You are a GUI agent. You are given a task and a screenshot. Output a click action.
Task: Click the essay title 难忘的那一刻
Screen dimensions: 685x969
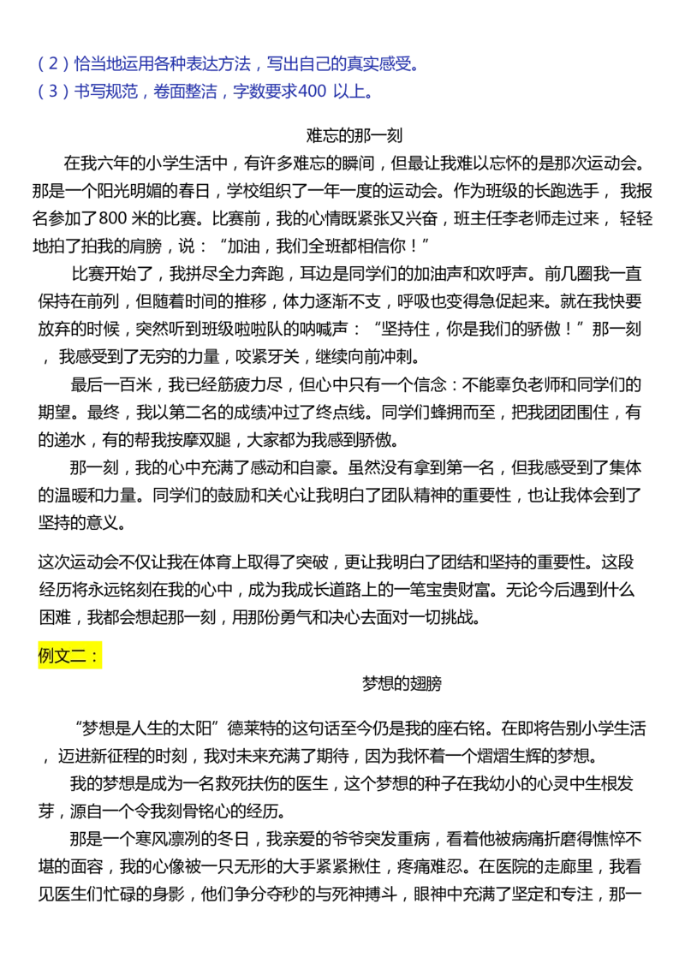click(x=354, y=135)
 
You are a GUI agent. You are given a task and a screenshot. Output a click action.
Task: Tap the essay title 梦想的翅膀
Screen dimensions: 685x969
click(x=402, y=683)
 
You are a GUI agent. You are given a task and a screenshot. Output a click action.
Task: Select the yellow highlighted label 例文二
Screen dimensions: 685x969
click(x=69, y=656)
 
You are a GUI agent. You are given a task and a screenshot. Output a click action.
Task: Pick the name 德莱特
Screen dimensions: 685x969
click(x=251, y=728)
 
